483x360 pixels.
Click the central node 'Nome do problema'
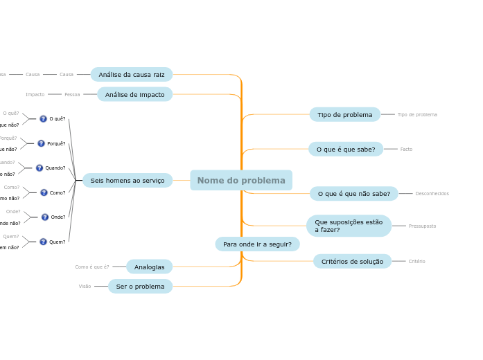(241, 181)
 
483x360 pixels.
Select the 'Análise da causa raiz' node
(132, 75)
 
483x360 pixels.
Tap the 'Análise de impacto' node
(135, 94)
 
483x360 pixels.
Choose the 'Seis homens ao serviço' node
(128, 181)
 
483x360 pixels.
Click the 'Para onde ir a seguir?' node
(257, 244)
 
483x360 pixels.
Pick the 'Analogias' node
(150, 267)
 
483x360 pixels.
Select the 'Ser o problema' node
(141, 287)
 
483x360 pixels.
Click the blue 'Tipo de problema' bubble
(345, 114)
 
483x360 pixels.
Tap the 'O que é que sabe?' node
(346, 149)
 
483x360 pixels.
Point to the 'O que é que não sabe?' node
(354, 194)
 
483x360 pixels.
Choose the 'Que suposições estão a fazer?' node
(349, 226)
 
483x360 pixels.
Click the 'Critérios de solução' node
(352, 262)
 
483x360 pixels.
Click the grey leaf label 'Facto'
(406, 150)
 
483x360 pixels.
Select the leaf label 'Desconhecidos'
(432, 194)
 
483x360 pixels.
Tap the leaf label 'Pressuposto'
(422, 226)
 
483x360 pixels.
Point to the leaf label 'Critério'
(416, 262)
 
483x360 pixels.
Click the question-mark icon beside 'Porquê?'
(41, 143)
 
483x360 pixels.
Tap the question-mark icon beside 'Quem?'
(43, 242)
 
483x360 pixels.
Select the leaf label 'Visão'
(85, 287)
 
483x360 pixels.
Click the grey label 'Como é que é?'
(92, 267)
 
